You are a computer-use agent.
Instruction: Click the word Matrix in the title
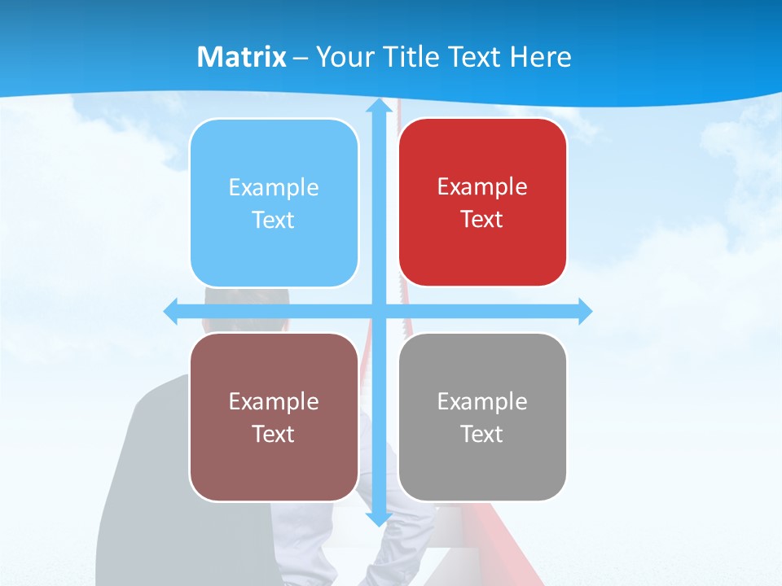(242, 57)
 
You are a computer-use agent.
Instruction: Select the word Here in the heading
(540, 57)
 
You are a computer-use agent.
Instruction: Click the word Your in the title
(344, 57)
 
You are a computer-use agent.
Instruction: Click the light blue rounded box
(274, 203)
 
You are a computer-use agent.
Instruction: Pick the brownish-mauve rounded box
(274, 417)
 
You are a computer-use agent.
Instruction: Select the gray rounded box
(482, 417)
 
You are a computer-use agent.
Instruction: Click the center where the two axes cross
(378, 311)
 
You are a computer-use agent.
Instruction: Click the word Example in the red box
(482, 186)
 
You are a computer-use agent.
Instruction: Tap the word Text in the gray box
(482, 434)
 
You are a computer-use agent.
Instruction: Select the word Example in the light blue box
(274, 187)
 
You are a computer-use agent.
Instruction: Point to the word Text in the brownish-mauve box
(274, 434)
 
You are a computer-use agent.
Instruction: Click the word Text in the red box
(482, 219)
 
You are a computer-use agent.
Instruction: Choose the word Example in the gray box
(482, 401)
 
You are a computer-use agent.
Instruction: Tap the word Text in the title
(472, 57)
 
